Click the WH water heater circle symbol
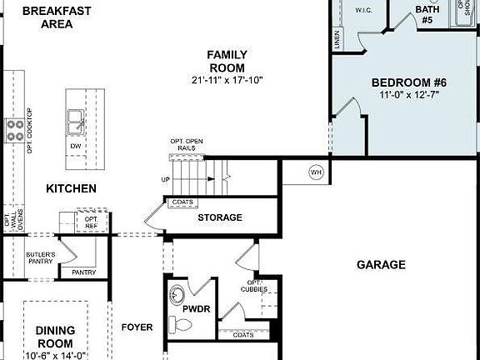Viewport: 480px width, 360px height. (316, 172)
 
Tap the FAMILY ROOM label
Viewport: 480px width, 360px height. (227, 61)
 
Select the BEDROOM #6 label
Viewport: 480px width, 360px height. (409, 82)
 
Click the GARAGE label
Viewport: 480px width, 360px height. (381, 265)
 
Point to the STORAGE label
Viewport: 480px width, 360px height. (220, 217)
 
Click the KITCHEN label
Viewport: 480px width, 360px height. (71, 189)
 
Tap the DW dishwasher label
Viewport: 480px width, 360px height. (76, 146)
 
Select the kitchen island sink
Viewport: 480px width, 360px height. (76, 122)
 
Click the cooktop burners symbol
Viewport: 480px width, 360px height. (15, 128)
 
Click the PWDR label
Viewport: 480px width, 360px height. (197, 308)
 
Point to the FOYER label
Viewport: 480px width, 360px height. (137, 327)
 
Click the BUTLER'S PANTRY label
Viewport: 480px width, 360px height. (40, 258)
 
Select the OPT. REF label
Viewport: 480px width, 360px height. (91, 222)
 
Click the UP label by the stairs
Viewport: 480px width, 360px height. (165, 179)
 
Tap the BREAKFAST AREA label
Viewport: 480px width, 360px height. (57, 17)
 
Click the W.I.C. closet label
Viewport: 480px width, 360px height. (363, 11)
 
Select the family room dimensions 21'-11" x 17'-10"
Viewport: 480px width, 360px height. (227, 80)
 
